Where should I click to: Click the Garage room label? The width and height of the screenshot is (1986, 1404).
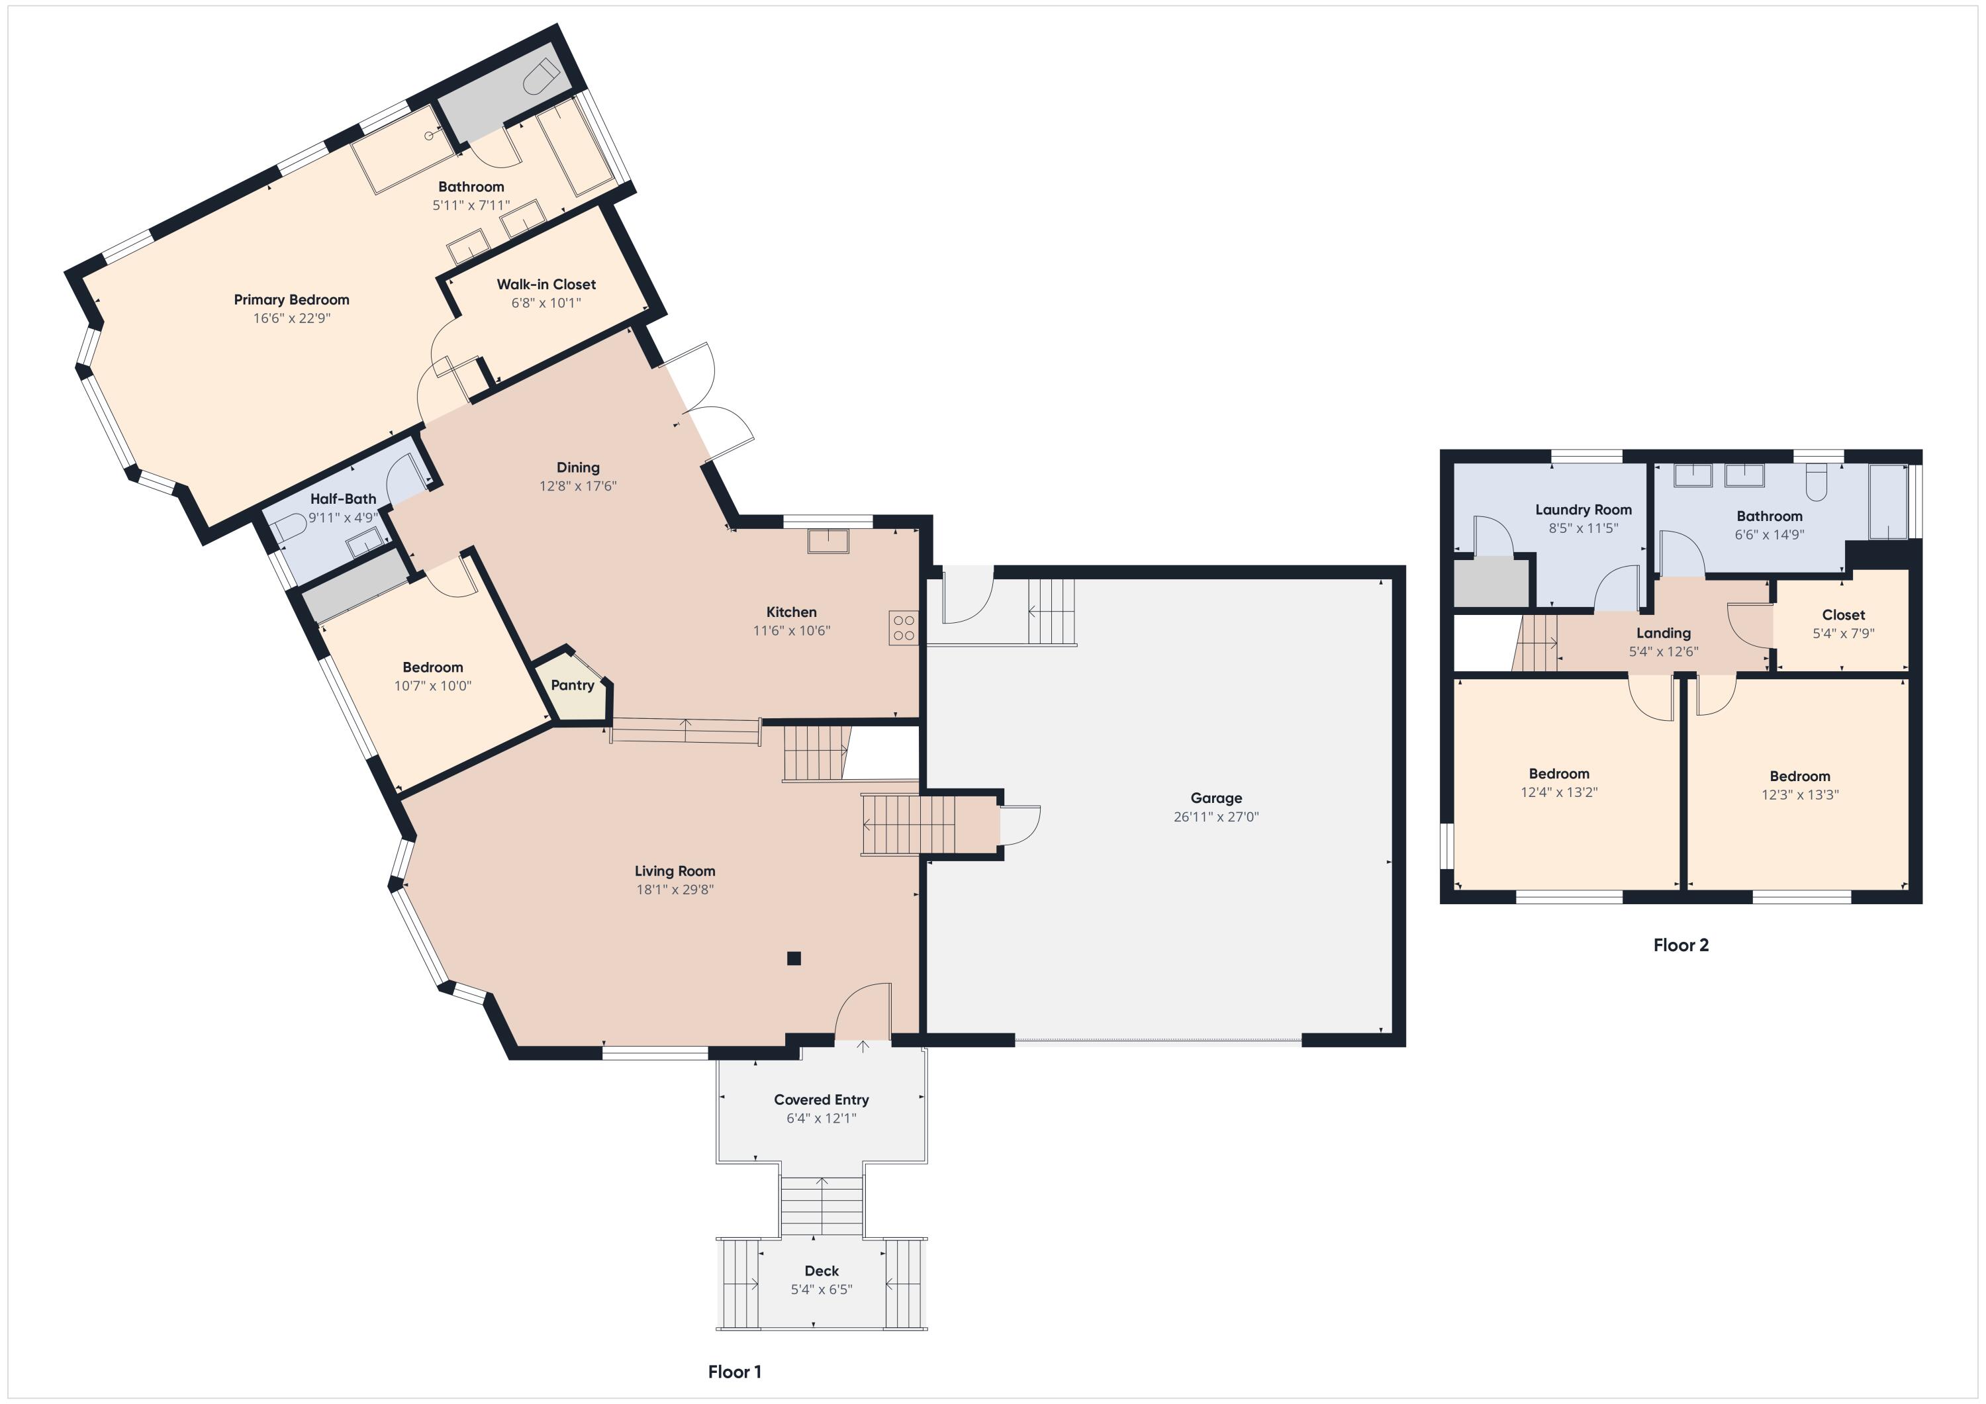[1215, 798]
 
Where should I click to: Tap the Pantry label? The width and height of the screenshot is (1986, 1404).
[573, 685]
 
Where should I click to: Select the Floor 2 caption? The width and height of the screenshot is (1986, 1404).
[1681, 945]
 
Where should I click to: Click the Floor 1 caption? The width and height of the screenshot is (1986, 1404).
[734, 1371]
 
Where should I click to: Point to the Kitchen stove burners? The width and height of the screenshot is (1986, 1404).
[903, 627]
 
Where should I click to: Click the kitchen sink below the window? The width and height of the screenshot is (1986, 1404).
[827, 541]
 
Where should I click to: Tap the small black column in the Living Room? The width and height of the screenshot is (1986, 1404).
[793, 958]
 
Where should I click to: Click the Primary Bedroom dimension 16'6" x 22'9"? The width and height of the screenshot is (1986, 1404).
[291, 318]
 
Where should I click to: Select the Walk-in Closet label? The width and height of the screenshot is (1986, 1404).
[545, 284]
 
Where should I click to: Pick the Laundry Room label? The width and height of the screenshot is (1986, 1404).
[1583, 510]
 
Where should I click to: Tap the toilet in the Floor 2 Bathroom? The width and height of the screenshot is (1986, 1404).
[1816, 483]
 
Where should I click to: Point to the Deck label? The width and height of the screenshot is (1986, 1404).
[821, 1271]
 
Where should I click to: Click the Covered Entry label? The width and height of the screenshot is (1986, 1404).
[821, 1100]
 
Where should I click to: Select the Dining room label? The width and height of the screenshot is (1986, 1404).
[578, 467]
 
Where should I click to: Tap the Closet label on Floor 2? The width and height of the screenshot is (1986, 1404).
[1843, 615]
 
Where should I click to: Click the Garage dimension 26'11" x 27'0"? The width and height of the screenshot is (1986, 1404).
[1215, 817]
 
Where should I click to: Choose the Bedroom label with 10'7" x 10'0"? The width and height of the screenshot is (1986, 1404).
[432, 667]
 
